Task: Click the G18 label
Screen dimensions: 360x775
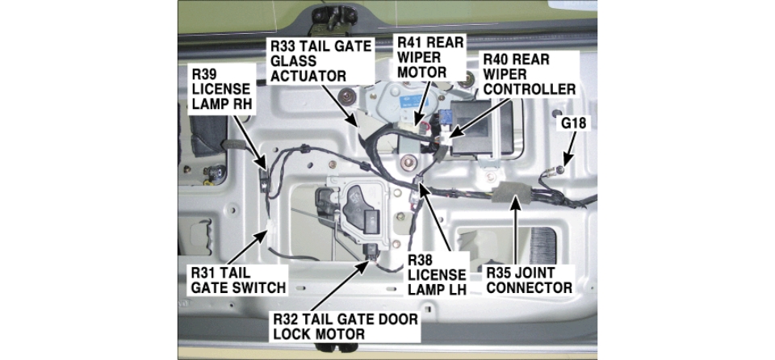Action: pyautogui.click(x=575, y=123)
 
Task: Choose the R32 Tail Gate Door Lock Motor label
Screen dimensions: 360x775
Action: pyautogui.click(x=346, y=324)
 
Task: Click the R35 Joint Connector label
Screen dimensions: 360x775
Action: pyautogui.click(x=529, y=279)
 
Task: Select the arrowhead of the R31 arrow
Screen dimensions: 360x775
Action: pyautogui.click(x=270, y=227)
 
